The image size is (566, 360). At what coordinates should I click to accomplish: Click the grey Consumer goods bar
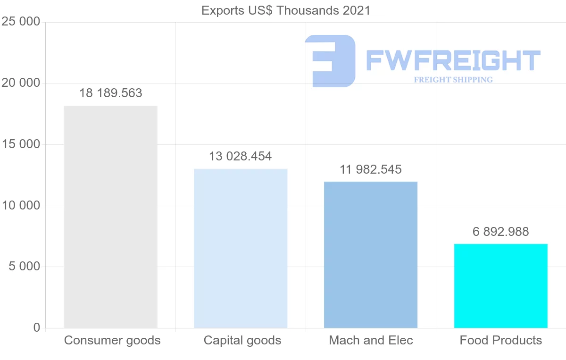click(110, 217)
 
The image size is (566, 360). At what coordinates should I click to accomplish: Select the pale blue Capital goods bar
click(241, 248)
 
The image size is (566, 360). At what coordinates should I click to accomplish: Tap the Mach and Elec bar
click(371, 255)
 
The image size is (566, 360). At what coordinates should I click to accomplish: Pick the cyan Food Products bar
click(501, 285)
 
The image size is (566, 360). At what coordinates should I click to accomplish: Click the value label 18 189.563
click(110, 93)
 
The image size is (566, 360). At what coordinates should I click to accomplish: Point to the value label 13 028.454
click(241, 156)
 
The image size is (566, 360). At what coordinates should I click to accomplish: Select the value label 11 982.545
click(371, 169)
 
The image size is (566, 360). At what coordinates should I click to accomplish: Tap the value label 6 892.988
click(501, 232)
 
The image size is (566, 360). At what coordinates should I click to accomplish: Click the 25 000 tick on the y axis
click(21, 22)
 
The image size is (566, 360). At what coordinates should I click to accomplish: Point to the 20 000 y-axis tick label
click(21, 83)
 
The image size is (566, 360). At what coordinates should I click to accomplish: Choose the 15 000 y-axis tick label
click(21, 144)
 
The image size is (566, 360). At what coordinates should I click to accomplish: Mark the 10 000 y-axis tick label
click(21, 206)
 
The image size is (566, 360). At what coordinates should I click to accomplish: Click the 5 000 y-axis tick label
click(24, 267)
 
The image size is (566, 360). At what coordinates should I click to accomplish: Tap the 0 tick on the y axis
click(37, 328)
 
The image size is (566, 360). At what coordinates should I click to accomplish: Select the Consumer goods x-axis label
click(112, 340)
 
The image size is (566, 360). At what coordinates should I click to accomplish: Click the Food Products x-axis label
click(501, 340)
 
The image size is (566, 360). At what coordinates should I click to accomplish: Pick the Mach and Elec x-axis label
click(371, 340)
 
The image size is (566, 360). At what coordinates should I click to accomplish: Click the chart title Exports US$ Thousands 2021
click(286, 10)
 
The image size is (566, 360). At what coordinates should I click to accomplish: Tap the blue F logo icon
click(330, 61)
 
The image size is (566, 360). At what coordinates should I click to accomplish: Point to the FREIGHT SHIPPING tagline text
click(453, 80)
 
